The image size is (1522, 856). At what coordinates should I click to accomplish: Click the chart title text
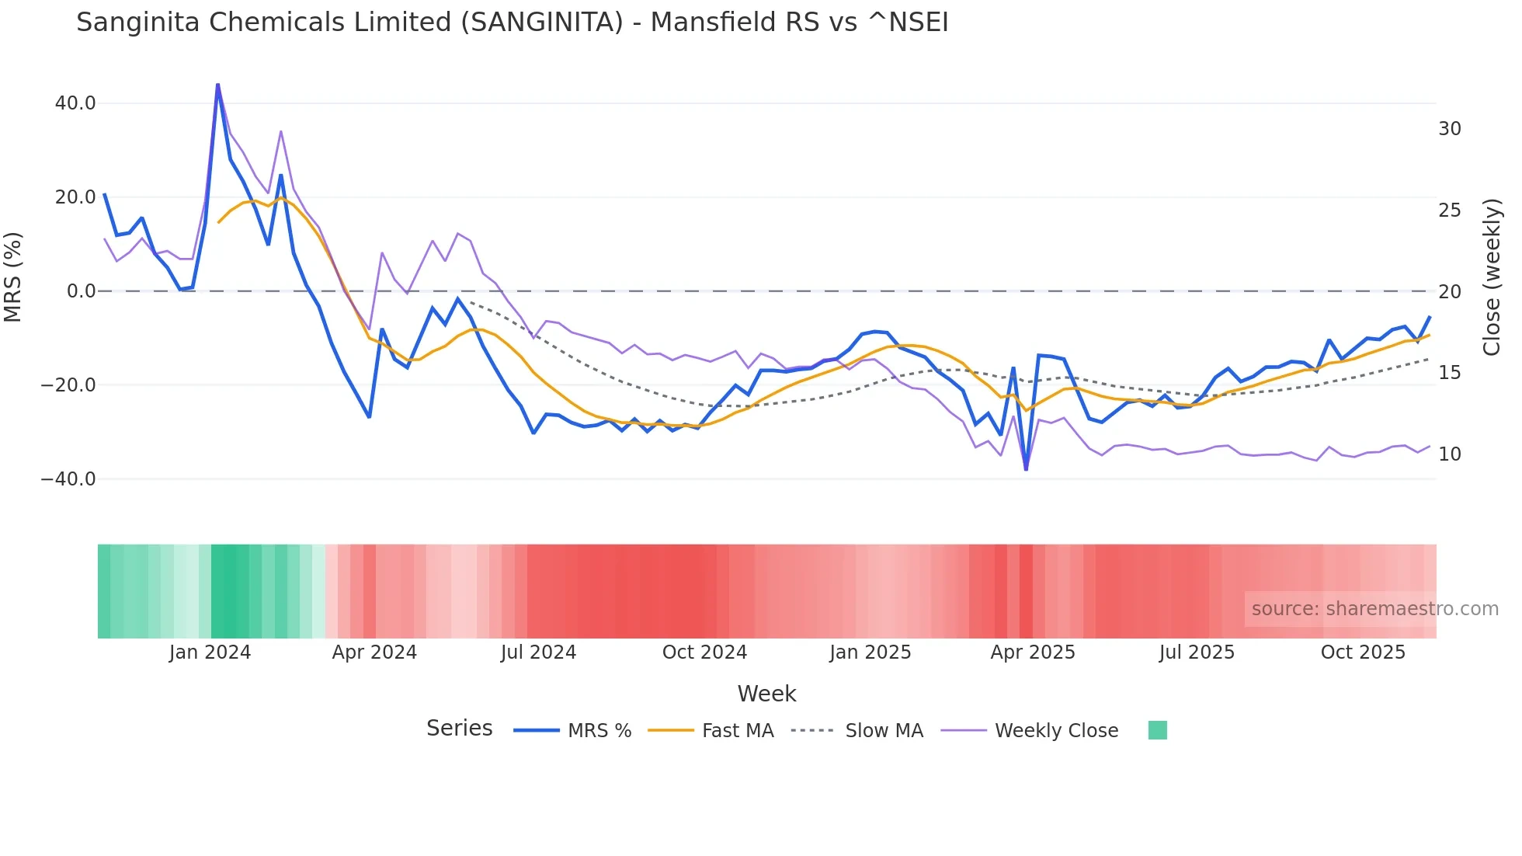click(x=512, y=23)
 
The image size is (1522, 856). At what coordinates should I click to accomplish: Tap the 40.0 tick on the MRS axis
click(x=75, y=103)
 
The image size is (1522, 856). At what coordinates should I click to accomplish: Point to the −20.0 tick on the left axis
click(x=68, y=385)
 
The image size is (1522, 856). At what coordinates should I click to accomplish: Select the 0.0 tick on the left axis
click(x=81, y=291)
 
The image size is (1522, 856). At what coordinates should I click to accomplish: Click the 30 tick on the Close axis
click(x=1449, y=129)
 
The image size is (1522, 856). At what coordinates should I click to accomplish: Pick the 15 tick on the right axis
click(x=1449, y=373)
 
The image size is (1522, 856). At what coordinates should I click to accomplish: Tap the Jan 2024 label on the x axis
click(x=210, y=652)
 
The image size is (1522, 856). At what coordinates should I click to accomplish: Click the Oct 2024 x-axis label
click(x=704, y=652)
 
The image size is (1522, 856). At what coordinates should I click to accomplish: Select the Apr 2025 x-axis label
click(x=1032, y=652)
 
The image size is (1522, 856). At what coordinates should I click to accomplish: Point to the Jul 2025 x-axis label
click(x=1197, y=652)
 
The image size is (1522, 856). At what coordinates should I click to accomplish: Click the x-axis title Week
click(x=766, y=694)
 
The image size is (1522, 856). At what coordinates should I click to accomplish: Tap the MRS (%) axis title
click(x=13, y=277)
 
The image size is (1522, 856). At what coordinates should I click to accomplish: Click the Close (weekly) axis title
click(x=1492, y=277)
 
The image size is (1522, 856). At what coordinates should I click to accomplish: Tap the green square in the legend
click(x=1157, y=730)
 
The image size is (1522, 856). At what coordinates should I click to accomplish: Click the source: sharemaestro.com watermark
click(x=1374, y=609)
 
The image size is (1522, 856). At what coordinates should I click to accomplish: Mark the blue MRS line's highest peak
click(x=217, y=84)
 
